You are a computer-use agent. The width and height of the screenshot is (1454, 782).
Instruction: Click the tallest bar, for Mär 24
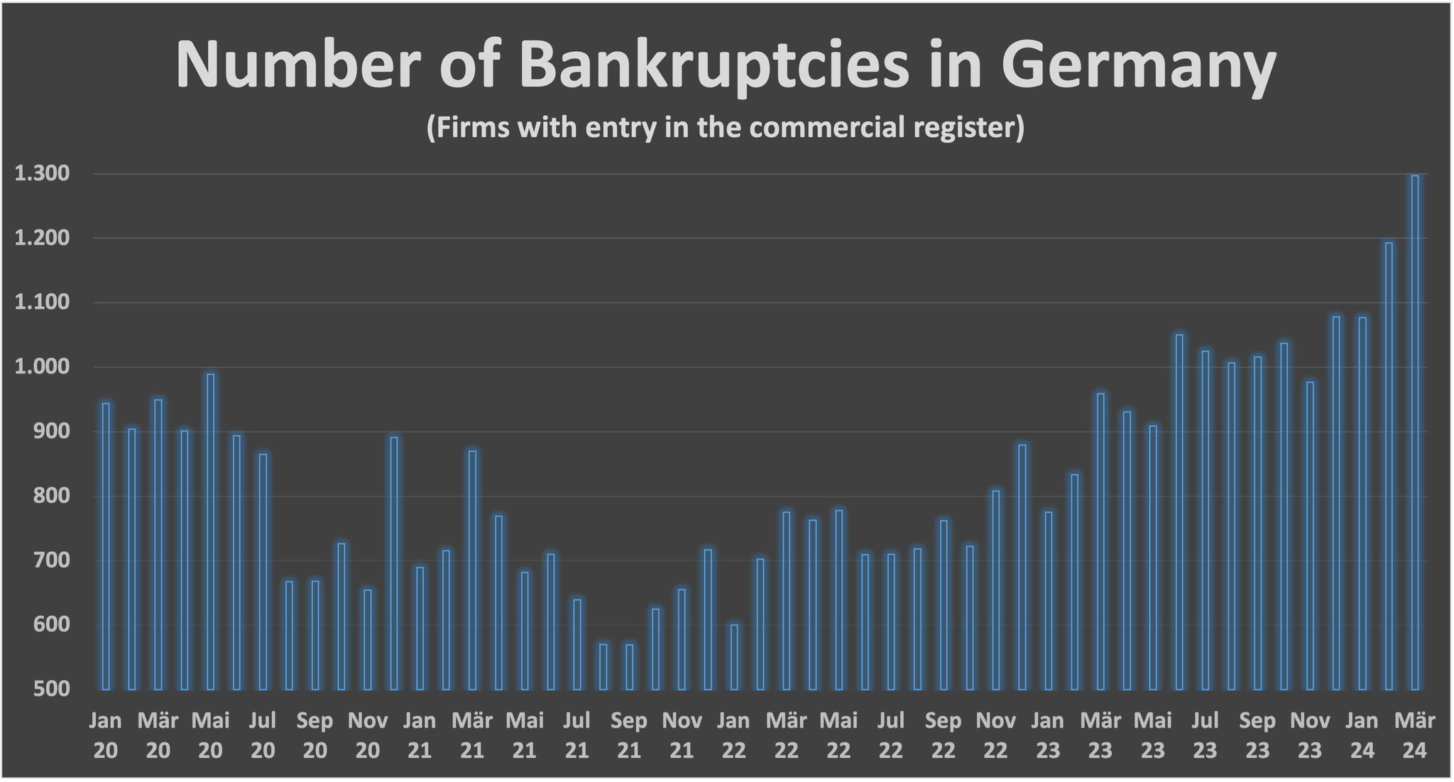1415,433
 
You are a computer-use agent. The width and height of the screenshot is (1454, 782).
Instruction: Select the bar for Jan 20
106,546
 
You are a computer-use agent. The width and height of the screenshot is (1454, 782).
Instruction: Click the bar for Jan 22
734,657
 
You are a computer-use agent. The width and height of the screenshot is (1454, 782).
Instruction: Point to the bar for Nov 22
996,590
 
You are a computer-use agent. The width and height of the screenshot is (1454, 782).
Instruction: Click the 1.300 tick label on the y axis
42,174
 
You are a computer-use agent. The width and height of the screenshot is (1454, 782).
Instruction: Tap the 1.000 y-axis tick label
42,367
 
